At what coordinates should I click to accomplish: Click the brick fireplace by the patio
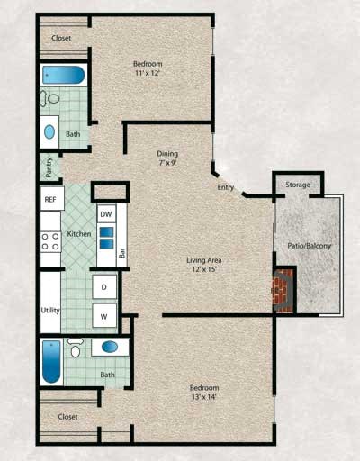284,289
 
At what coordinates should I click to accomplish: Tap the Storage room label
298,185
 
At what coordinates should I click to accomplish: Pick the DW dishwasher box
106,214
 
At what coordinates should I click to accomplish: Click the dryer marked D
103,287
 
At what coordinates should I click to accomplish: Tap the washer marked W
103,317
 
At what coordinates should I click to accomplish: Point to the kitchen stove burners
48,240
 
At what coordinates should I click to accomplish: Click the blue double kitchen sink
106,239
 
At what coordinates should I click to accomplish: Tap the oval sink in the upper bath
49,131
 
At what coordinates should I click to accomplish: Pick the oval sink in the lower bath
110,347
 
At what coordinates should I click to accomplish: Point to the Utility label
49,310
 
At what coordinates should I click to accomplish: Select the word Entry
227,187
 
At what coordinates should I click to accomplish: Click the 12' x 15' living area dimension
204,270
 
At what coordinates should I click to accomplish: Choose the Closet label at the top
62,38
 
